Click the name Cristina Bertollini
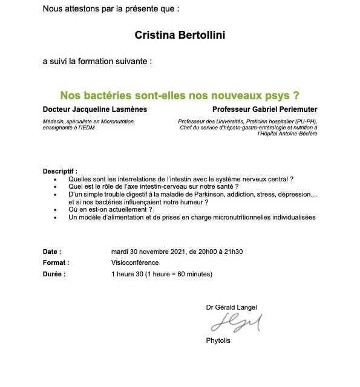tap(180, 35)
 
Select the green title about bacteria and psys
tap(180, 96)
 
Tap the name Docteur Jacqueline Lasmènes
tap(94, 109)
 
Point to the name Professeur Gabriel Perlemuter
tap(265, 109)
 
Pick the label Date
tap(51, 252)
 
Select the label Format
tap(56, 262)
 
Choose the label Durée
tap(54, 274)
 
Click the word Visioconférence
tap(135, 262)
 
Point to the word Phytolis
tap(218, 340)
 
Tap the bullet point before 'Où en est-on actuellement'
tap(55, 210)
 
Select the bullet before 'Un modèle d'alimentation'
tap(55, 217)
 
